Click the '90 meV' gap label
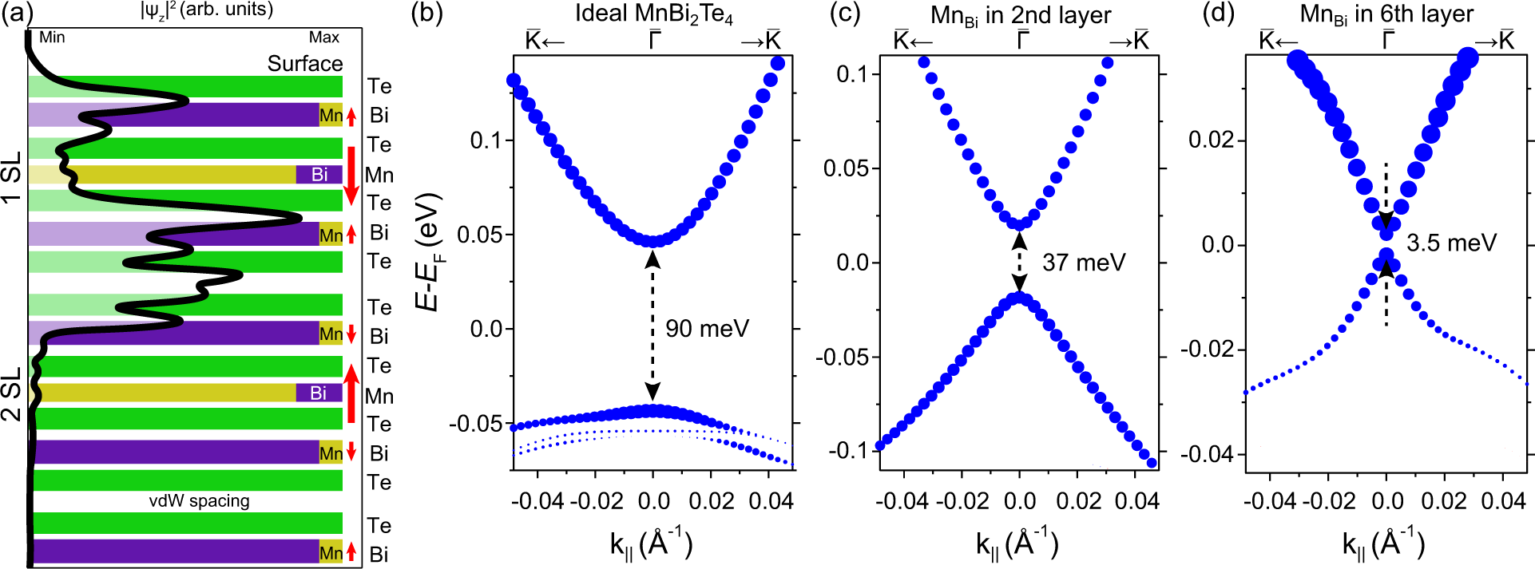[707, 329]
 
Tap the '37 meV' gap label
[1083, 263]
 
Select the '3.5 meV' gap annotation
[1451, 243]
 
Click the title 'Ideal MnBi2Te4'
[653, 16]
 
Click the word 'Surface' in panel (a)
[304, 64]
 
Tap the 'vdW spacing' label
[200, 501]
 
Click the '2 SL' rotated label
[11, 394]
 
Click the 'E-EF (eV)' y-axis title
[430, 251]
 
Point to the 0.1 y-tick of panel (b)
[486, 140]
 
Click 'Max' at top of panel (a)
[323, 38]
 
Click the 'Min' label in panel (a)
[52, 38]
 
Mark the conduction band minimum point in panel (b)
[653, 241]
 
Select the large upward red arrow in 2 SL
[351, 393]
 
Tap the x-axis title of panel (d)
[1382, 544]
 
